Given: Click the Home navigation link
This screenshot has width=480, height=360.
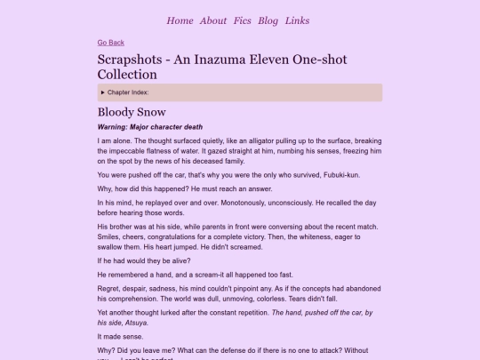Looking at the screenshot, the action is pos(180,20).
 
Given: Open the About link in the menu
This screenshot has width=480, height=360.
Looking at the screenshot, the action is pos(213,20).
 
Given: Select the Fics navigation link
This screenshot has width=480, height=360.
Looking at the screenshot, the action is pos(242,20).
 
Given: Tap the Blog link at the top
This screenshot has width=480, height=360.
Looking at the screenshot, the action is pos(268,20).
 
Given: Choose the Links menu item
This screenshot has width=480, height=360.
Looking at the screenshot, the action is pos(298,20).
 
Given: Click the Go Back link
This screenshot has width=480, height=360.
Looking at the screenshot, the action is pos(111,43).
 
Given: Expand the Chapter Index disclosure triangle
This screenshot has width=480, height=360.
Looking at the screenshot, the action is pos(104,92).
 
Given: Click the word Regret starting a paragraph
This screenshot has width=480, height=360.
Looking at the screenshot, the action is pos(109,290).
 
